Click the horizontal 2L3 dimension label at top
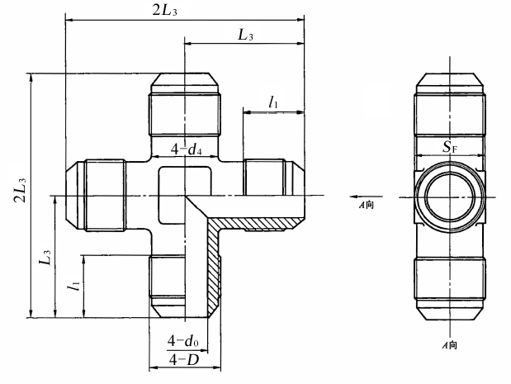(165, 11)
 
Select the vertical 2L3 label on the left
(20, 191)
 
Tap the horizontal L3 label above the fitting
(245, 35)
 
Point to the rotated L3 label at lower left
(45, 258)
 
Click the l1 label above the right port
(272, 102)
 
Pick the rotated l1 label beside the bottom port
(73, 287)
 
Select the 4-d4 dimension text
(186, 149)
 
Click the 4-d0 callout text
(183, 341)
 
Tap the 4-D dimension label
(184, 359)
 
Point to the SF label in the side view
(450, 147)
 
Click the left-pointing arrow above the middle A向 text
(366, 197)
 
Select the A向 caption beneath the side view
(449, 345)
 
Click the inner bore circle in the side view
(450, 197)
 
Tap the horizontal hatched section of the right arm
(254, 223)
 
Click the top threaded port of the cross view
(184, 104)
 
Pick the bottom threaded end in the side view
(450, 288)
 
